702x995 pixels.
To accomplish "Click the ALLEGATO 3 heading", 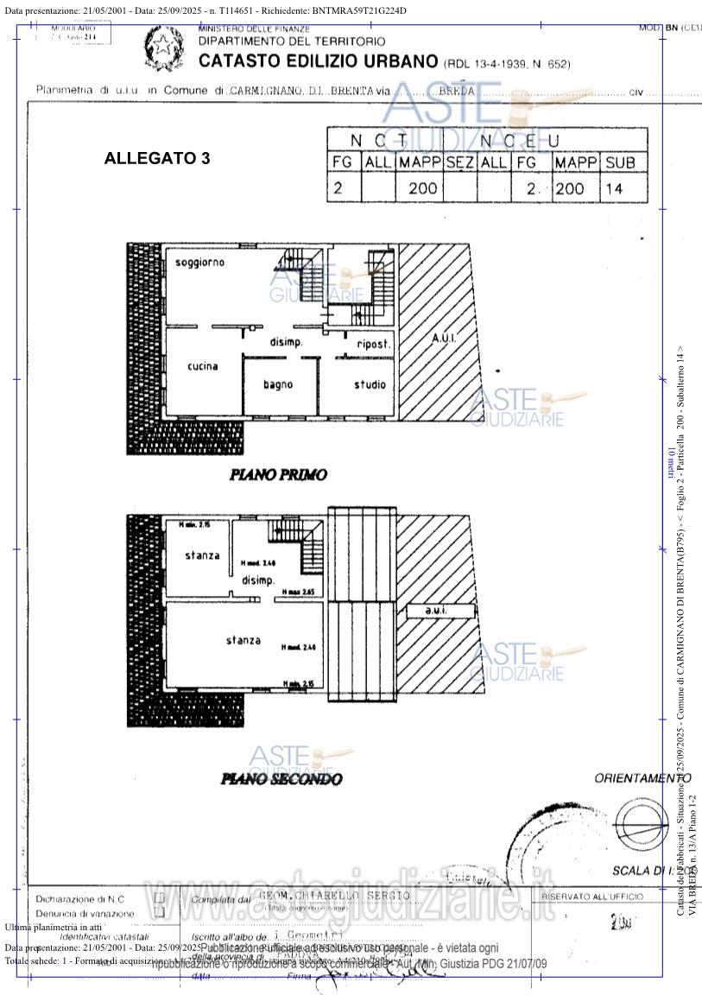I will click(156, 159).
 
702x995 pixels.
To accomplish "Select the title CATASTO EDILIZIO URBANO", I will click(318, 61).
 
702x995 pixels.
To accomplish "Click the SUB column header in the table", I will click(622, 162).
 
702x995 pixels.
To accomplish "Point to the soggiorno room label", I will click(199, 262).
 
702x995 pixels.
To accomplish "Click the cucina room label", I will click(203, 366).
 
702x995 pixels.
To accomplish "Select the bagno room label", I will click(278, 384).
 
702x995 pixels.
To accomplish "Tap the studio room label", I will click(370, 384).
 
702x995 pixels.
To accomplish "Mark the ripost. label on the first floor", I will click(373, 344).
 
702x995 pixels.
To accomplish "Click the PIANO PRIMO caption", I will click(278, 475).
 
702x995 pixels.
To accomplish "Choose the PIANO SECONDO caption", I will click(281, 779).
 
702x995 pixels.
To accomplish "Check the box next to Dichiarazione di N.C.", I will click(159, 898).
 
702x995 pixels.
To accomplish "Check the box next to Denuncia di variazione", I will click(159, 913).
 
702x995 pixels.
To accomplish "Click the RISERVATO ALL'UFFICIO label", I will click(592, 897).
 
